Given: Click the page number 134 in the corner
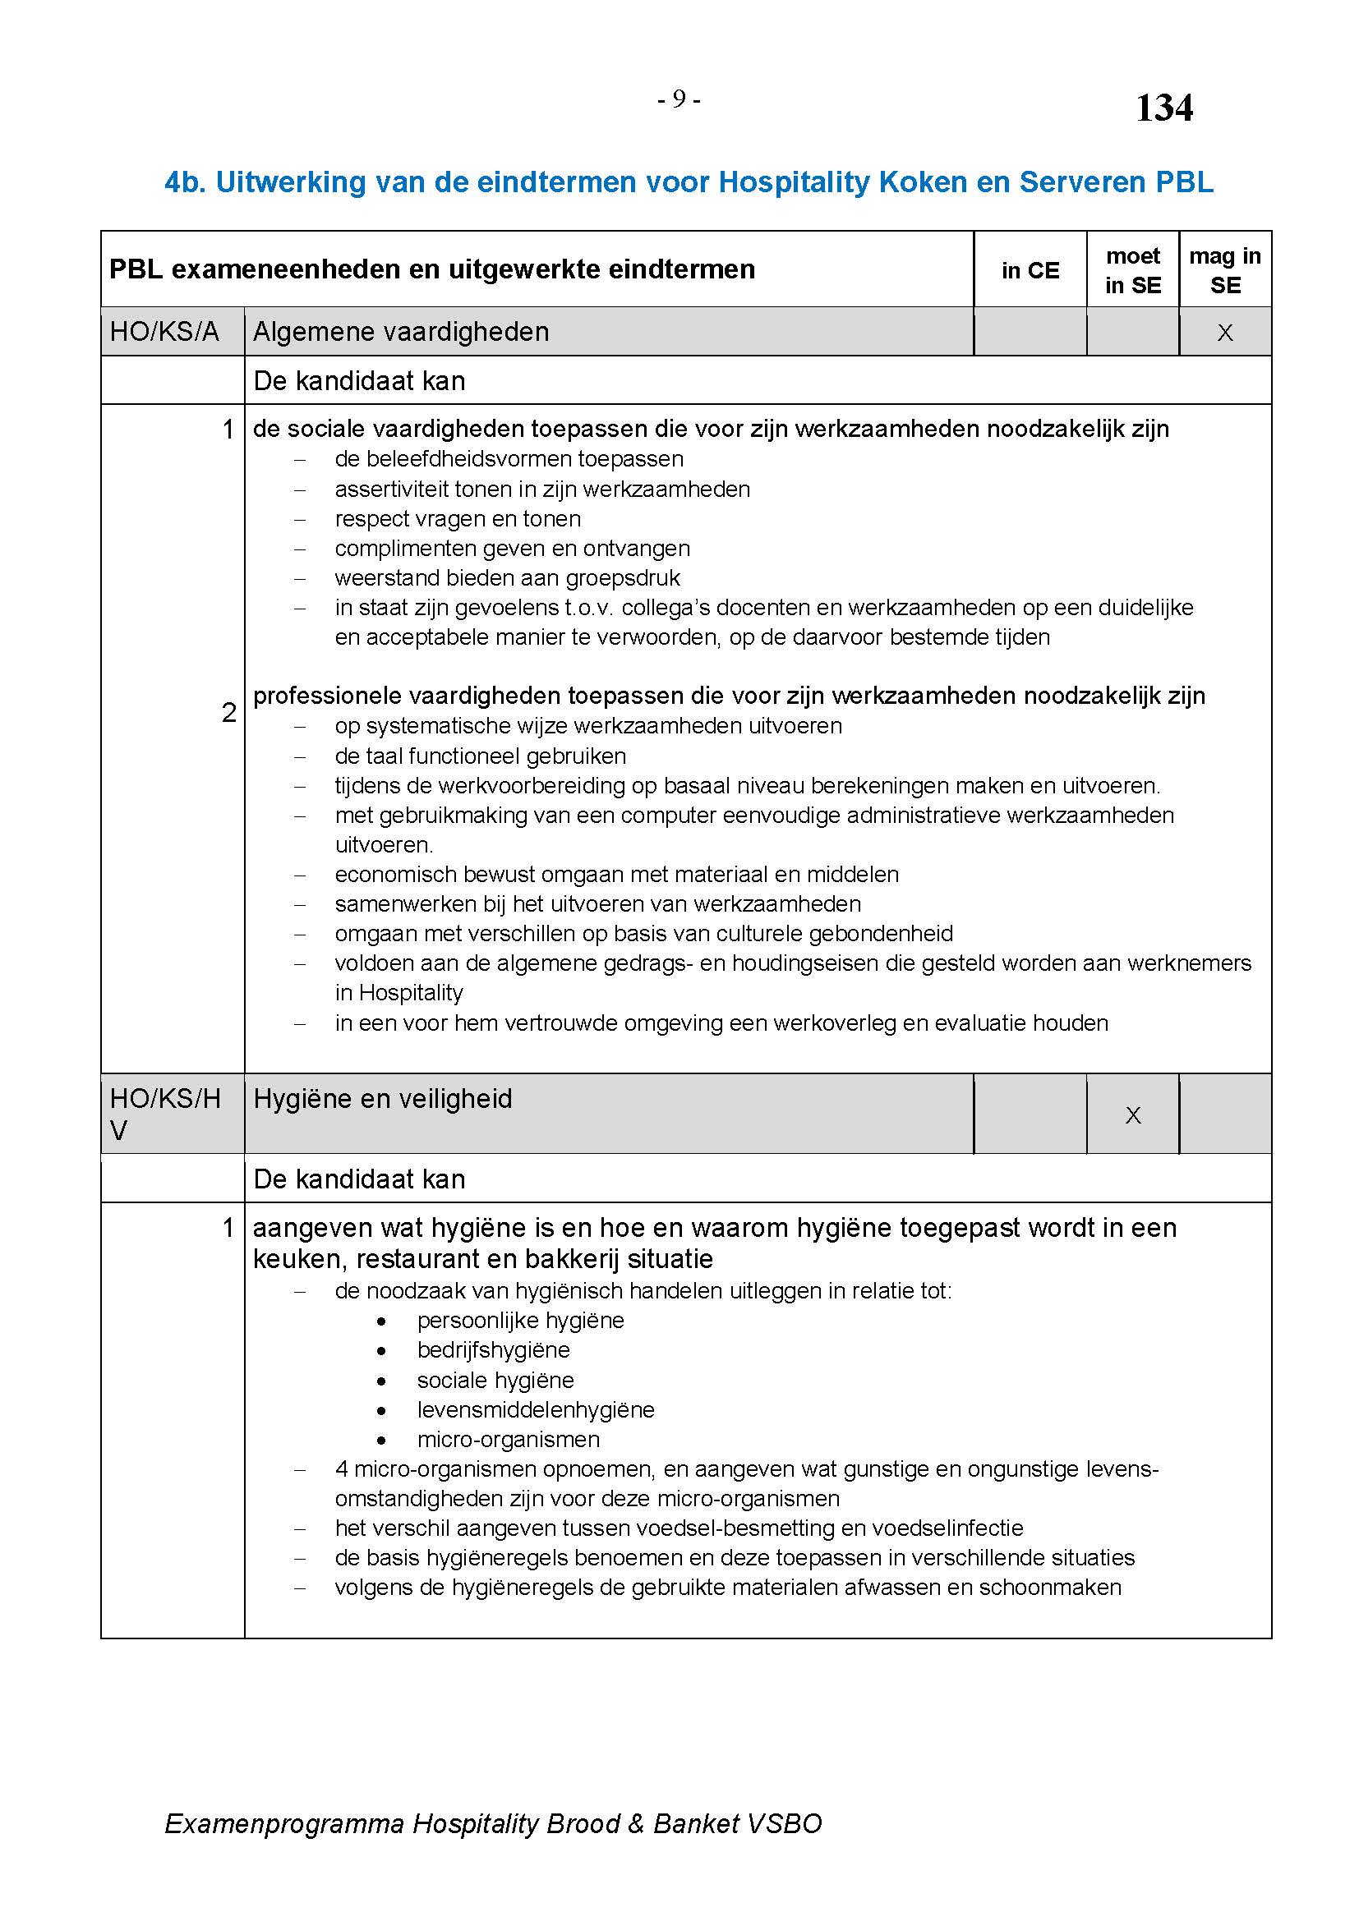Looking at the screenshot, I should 1164,108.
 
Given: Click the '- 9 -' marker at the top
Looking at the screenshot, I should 679,99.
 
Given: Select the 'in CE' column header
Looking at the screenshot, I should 1030,270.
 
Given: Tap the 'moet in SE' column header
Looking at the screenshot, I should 1133,270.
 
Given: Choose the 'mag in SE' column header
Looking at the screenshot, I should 1225,270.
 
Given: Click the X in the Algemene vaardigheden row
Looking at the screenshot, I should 1225,333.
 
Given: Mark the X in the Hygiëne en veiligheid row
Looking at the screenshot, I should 1133,1115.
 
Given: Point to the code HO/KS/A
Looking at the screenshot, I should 164,332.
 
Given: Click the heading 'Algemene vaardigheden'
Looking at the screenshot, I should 401,332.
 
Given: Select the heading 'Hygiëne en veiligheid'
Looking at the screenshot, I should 382,1099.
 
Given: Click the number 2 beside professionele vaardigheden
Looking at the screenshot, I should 228,713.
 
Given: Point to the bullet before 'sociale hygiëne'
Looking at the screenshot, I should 381,1381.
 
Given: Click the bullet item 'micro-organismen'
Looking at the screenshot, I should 508,1439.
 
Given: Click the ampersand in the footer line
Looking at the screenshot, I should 636,1823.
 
